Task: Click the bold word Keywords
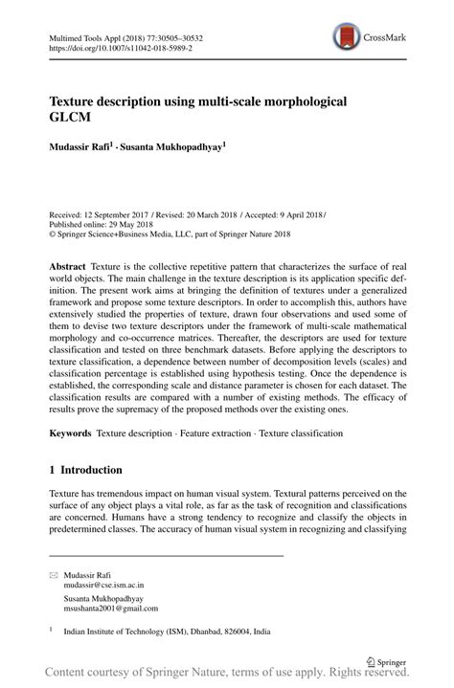coord(73,433)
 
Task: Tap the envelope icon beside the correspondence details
coord(53,571)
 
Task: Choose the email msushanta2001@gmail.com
coord(111,608)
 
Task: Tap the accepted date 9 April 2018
coord(285,214)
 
